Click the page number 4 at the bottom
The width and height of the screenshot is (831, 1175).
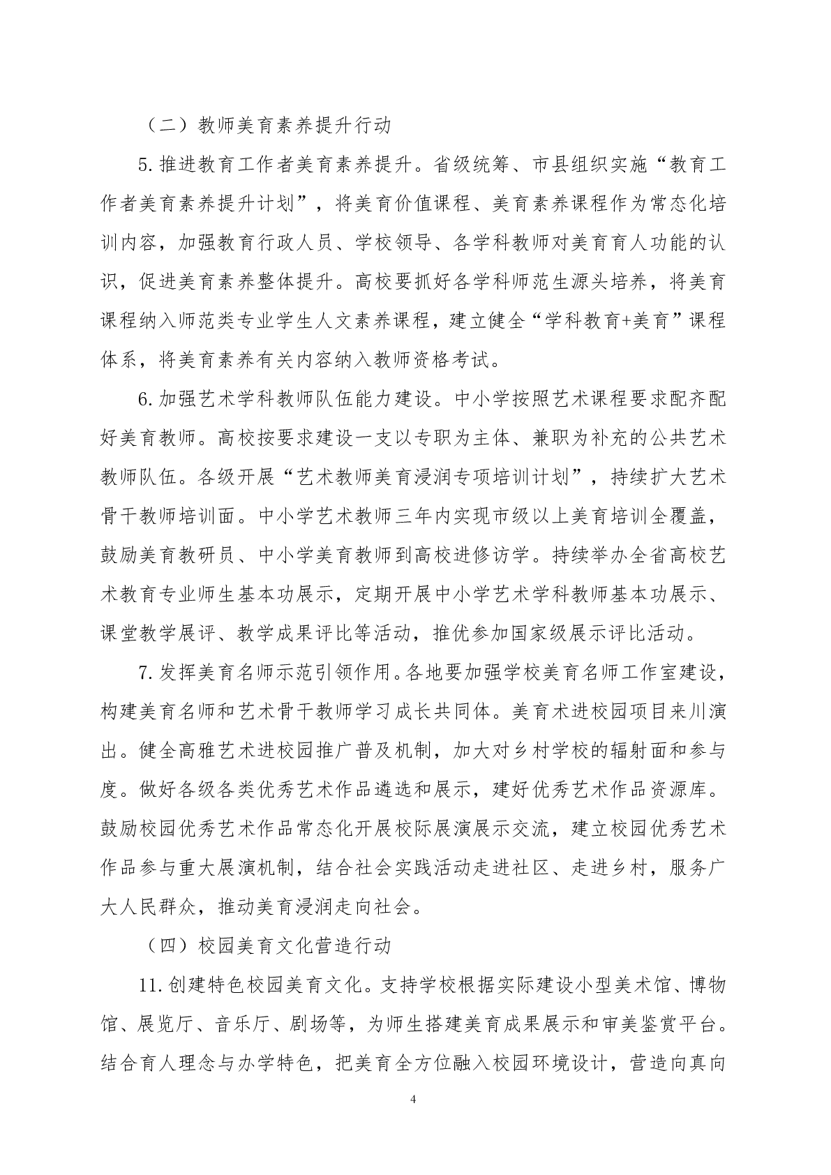coord(414,1100)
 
